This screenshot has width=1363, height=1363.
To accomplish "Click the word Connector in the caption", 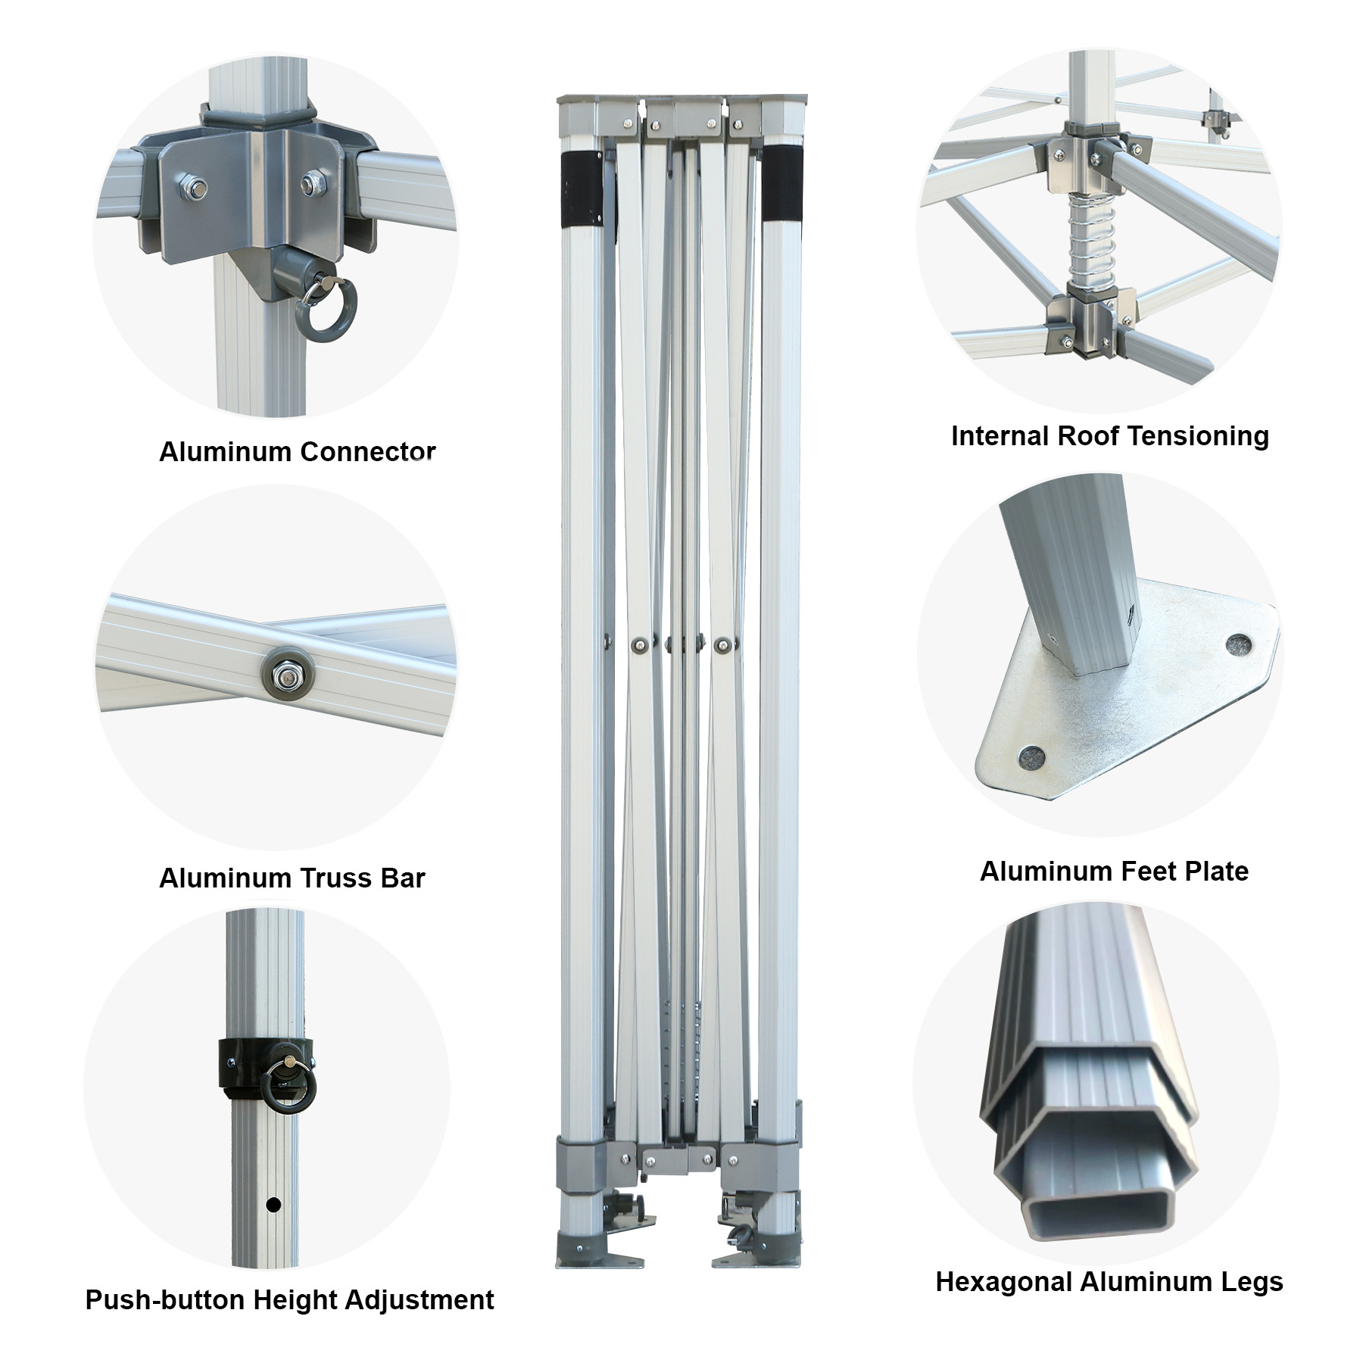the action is click(x=368, y=451).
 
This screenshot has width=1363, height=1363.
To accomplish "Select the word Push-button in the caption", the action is click(x=165, y=1300).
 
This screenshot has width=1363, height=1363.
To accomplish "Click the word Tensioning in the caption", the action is click(x=1201, y=436).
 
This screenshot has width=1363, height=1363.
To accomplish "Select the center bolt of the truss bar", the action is click(x=287, y=672).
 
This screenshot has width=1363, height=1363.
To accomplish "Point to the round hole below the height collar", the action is click(x=274, y=1204).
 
